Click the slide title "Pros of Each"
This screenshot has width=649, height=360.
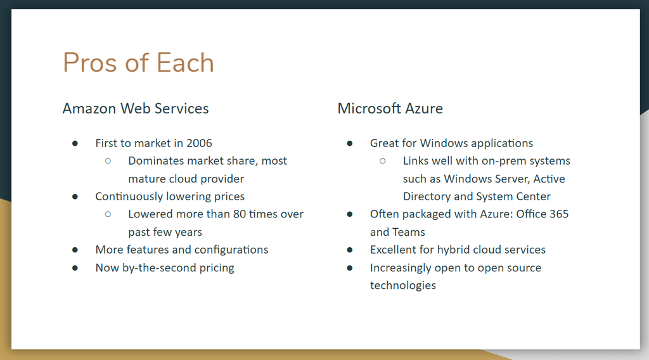[x=138, y=63]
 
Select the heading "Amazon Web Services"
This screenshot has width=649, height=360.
[x=135, y=108]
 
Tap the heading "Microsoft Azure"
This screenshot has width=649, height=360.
[x=390, y=108]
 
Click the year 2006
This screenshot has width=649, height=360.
[x=199, y=143]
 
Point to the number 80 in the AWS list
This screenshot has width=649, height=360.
[x=240, y=214]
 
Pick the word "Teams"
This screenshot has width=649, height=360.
[x=409, y=232]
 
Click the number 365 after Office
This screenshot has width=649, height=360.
[x=559, y=214]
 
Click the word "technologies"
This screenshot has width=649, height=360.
[x=403, y=285]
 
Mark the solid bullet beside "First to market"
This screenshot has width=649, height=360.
[x=75, y=143]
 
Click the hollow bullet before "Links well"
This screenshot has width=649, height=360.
[x=383, y=161]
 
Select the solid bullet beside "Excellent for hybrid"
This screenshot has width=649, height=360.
[x=350, y=250]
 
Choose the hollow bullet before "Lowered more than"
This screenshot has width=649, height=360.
[x=108, y=214]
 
